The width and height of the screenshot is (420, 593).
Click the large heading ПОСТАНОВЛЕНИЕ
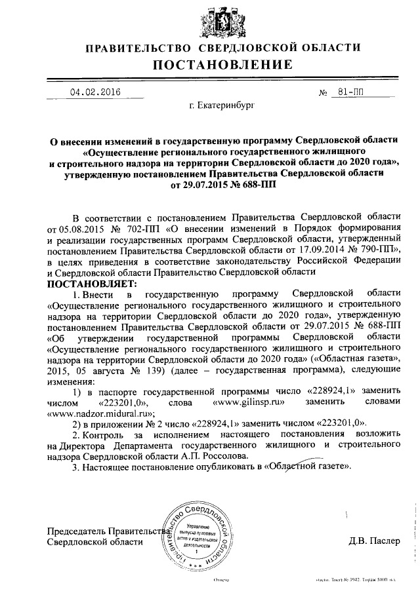(x=223, y=64)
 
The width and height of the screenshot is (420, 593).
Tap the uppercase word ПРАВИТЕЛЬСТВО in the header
(x=135, y=47)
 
